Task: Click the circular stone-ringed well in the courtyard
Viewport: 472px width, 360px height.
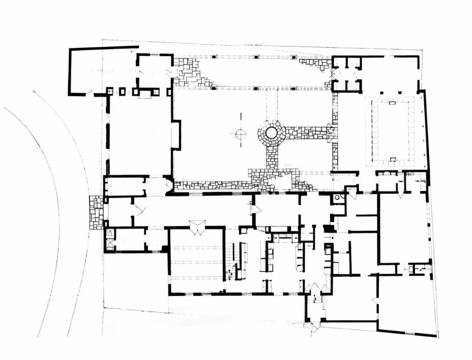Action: click(x=272, y=133)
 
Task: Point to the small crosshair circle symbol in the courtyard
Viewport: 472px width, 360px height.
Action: click(x=240, y=134)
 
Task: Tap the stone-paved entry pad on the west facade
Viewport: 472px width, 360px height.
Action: click(x=96, y=212)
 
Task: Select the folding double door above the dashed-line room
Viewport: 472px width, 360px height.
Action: click(x=196, y=225)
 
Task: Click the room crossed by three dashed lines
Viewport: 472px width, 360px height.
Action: click(x=196, y=262)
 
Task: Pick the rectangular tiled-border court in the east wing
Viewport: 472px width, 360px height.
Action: click(x=393, y=131)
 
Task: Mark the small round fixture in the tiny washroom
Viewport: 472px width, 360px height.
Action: click(x=337, y=198)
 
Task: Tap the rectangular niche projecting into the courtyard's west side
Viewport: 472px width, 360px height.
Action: click(x=176, y=135)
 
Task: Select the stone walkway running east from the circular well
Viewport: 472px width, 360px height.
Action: click(x=308, y=133)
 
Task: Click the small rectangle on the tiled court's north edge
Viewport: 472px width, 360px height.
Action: click(x=392, y=103)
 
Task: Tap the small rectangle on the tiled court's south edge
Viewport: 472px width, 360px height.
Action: click(x=392, y=160)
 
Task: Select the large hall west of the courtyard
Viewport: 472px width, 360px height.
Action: click(x=140, y=135)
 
